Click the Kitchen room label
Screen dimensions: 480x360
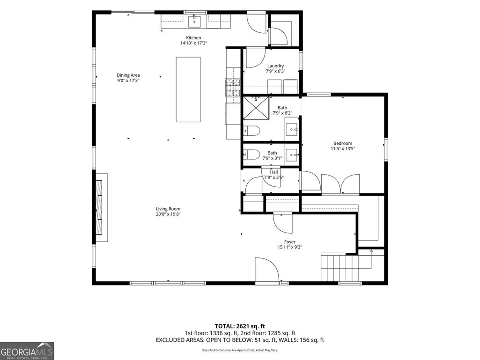click(x=193, y=37)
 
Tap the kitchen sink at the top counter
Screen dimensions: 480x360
click(x=194, y=22)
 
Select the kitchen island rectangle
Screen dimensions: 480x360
click(x=188, y=89)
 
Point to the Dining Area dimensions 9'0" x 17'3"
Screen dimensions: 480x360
click(x=128, y=81)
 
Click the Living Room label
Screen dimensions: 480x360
click(x=168, y=209)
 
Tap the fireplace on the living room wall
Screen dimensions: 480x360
click(x=102, y=207)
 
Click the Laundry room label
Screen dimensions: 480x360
click(x=275, y=66)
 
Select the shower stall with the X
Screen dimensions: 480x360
click(x=256, y=108)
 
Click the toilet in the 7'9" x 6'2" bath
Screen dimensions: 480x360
click(x=251, y=131)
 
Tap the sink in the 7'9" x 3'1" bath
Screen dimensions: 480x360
click(x=292, y=153)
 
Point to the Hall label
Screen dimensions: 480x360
click(x=274, y=172)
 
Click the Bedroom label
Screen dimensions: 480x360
click(x=343, y=143)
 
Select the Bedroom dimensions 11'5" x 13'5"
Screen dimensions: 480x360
click(x=343, y=149)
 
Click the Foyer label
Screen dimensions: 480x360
click(x=289, y=242)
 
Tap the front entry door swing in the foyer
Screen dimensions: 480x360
click(x=266, y=269)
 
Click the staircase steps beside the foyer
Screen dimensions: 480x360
click(x=340, y=267)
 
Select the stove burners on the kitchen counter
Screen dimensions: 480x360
click(x=233, y=88)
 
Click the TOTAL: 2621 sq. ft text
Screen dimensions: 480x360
click(x=240, y=326)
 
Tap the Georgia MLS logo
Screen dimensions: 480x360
click(x=27, y=351)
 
